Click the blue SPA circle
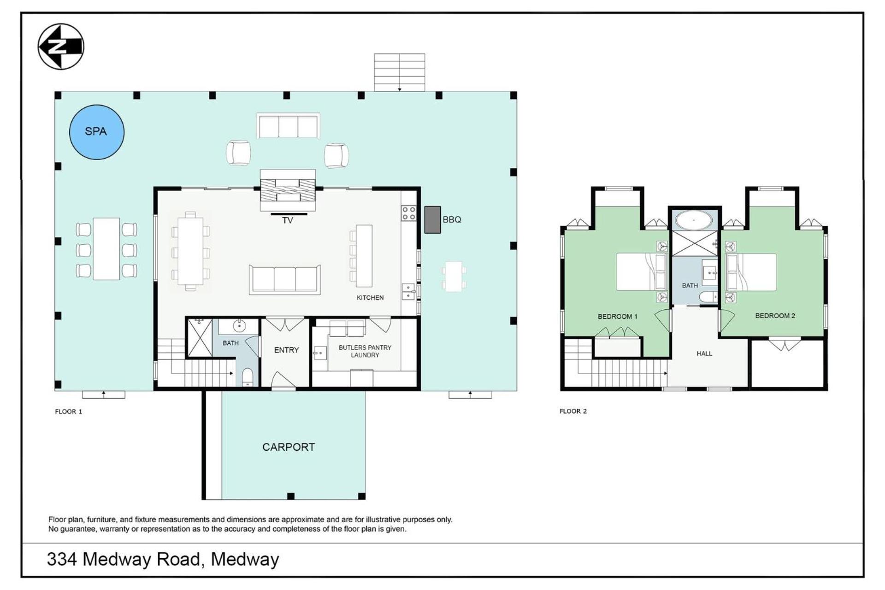97,132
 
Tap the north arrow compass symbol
61,47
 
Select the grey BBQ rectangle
432,219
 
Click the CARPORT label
289,447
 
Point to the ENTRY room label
286,350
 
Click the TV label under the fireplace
288,221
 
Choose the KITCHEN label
370,298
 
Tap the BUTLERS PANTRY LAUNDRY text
365,351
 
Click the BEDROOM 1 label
618,317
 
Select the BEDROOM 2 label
775,316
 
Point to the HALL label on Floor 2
704,354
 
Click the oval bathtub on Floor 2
694,220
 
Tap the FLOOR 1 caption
69,412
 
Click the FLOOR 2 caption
573,411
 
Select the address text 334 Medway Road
124,560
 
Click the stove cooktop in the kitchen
409,213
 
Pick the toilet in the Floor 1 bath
248,377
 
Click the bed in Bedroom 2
751,272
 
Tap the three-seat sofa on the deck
288,126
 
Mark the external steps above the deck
400,72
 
